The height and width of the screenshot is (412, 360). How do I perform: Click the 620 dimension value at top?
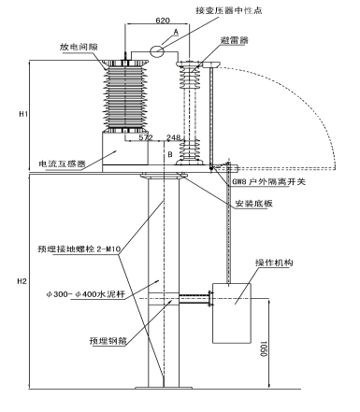(x=163, y=21)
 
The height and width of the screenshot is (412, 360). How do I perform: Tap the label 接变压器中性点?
(x=229, y=10)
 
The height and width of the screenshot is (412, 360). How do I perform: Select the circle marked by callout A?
(x=157, y=51)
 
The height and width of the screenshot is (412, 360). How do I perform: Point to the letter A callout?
(x=176, y=32)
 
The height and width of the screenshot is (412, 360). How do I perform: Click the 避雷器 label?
(x=234, y=40)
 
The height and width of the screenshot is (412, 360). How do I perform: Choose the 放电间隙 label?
(x=79, y=47)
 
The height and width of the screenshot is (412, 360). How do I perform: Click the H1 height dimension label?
(x=23, y=114)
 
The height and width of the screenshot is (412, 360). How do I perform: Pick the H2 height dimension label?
(x=22, y=281)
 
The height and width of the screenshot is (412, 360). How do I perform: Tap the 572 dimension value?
(x=146, y=137)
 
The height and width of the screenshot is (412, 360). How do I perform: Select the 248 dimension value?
(x=173, y=137)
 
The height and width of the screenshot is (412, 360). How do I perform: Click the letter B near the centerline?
(x=170, y=154)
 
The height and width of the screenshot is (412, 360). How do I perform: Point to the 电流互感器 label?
(x=62, y=163)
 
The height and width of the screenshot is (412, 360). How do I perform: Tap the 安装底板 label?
(x=253, y=204)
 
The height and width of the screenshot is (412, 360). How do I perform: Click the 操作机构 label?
(x=274, y=263)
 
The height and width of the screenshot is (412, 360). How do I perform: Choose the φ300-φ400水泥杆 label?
(x=86, y=294)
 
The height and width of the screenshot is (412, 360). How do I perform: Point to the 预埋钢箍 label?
(x=108, y=341)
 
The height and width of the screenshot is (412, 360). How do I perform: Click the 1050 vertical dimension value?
(x=264, y=349)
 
